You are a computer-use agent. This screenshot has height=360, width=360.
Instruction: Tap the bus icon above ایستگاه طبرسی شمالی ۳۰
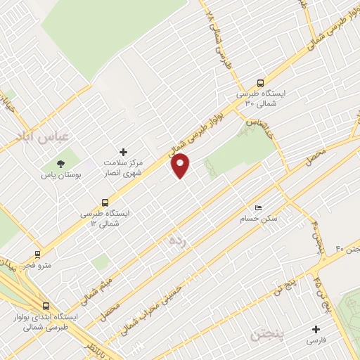point(260,82)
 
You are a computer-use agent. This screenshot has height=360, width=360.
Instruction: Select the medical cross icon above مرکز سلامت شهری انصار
point(124,152)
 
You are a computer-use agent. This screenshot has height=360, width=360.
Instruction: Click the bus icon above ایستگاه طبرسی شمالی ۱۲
point(105,202)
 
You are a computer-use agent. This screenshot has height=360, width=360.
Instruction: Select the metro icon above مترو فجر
point(37,255)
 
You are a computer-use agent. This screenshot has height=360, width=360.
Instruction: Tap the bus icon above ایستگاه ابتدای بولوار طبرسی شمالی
point(46,307)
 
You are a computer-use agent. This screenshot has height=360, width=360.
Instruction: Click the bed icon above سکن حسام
point(259,208)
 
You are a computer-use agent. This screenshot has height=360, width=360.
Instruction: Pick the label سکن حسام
point(262,219)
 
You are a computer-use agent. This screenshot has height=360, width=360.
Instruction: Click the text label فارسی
point(316,340)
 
